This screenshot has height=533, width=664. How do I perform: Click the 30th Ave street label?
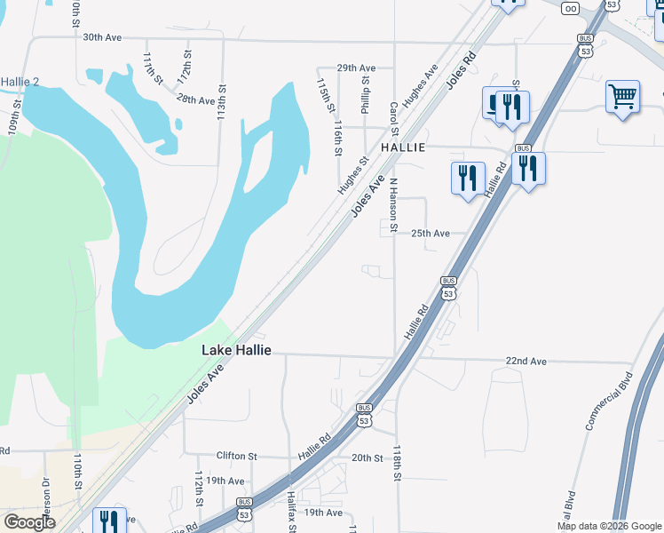click(101, 38)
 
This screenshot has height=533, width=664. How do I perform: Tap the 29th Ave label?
click(356, 68)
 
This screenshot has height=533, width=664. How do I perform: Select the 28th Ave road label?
click(196, 99)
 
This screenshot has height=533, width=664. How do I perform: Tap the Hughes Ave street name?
click(421, 85)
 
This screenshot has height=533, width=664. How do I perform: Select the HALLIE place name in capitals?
click(404, 147)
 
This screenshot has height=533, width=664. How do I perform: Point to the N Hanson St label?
click(393, 199)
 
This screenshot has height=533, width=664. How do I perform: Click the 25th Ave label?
click(430, 233)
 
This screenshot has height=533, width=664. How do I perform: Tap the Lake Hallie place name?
click(235, 350)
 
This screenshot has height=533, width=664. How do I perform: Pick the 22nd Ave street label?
click(526, 362)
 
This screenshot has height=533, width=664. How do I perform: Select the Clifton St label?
click(236, 457)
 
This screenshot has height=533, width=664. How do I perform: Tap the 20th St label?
click(367, 457)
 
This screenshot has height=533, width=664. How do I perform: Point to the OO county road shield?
click(570, 8)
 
